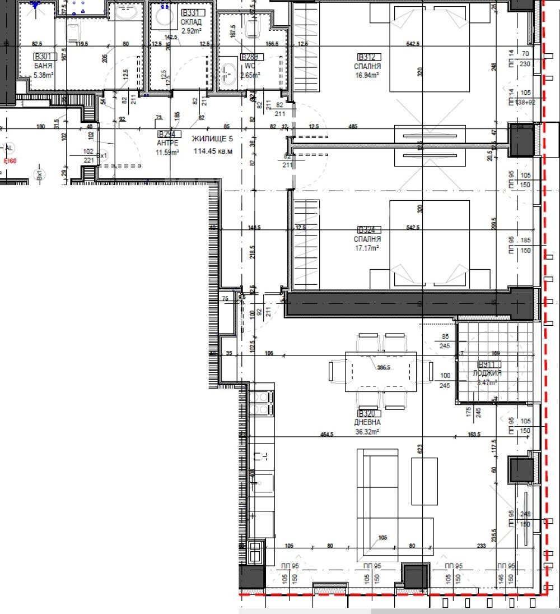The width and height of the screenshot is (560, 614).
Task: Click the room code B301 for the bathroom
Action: click(x=43, y=57)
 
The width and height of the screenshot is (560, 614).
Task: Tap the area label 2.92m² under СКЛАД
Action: click(x=190, y=31)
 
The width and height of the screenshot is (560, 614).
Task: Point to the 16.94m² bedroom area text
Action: click(x=368, y=74)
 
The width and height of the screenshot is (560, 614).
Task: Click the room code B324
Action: click(x=370, y=229)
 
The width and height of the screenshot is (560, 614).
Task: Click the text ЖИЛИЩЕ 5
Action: click(x=212, y=139)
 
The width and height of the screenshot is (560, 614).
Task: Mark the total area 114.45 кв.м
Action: click(x=213, y=151)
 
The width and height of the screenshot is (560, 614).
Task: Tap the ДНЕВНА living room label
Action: click(x=367, y=422)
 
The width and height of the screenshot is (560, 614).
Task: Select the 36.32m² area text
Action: click(x=367, y=432)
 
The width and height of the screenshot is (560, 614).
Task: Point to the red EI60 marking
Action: click(x=10, y=161)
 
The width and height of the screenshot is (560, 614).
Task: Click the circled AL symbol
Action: click(x=8, y=149)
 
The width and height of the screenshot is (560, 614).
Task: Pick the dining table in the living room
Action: click(x=381, y=371)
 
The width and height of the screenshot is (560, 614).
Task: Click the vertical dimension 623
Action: click(x=419, y=449)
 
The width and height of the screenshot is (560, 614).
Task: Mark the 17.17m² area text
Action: click(x=368, y=247)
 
